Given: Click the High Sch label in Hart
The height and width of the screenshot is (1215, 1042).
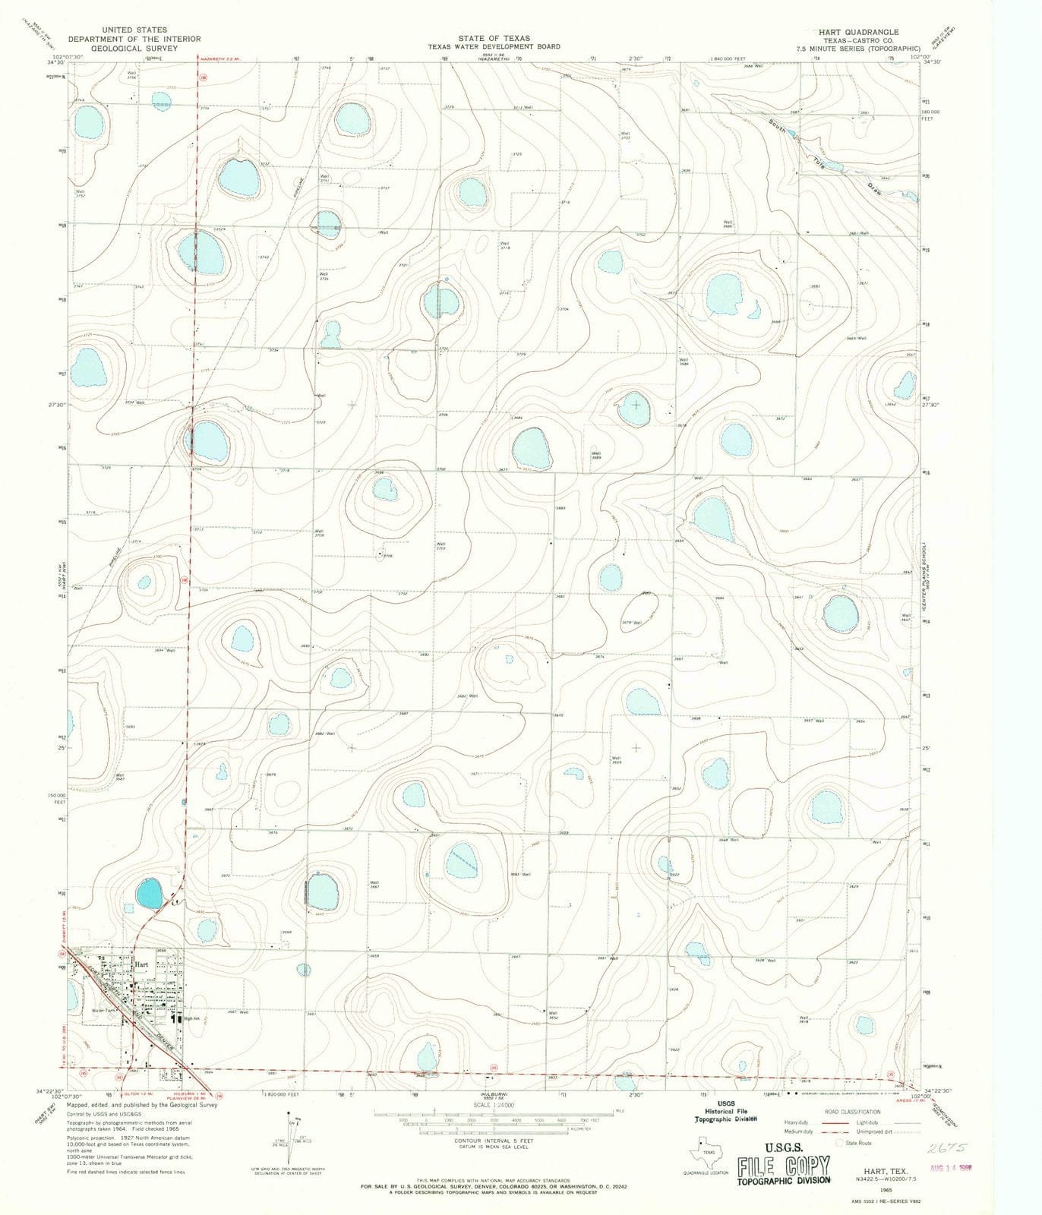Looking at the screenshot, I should [191, 1019].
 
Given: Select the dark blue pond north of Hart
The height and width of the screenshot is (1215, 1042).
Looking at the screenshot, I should [149, 894].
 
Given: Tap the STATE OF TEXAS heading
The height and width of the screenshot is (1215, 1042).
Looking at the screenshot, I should [494, 38].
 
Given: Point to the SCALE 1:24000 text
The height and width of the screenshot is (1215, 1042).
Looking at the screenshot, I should [494, 1105].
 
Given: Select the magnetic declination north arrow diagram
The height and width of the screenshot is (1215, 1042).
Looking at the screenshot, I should [292, 1131].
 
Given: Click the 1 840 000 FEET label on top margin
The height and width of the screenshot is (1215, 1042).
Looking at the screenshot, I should [728, 58].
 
